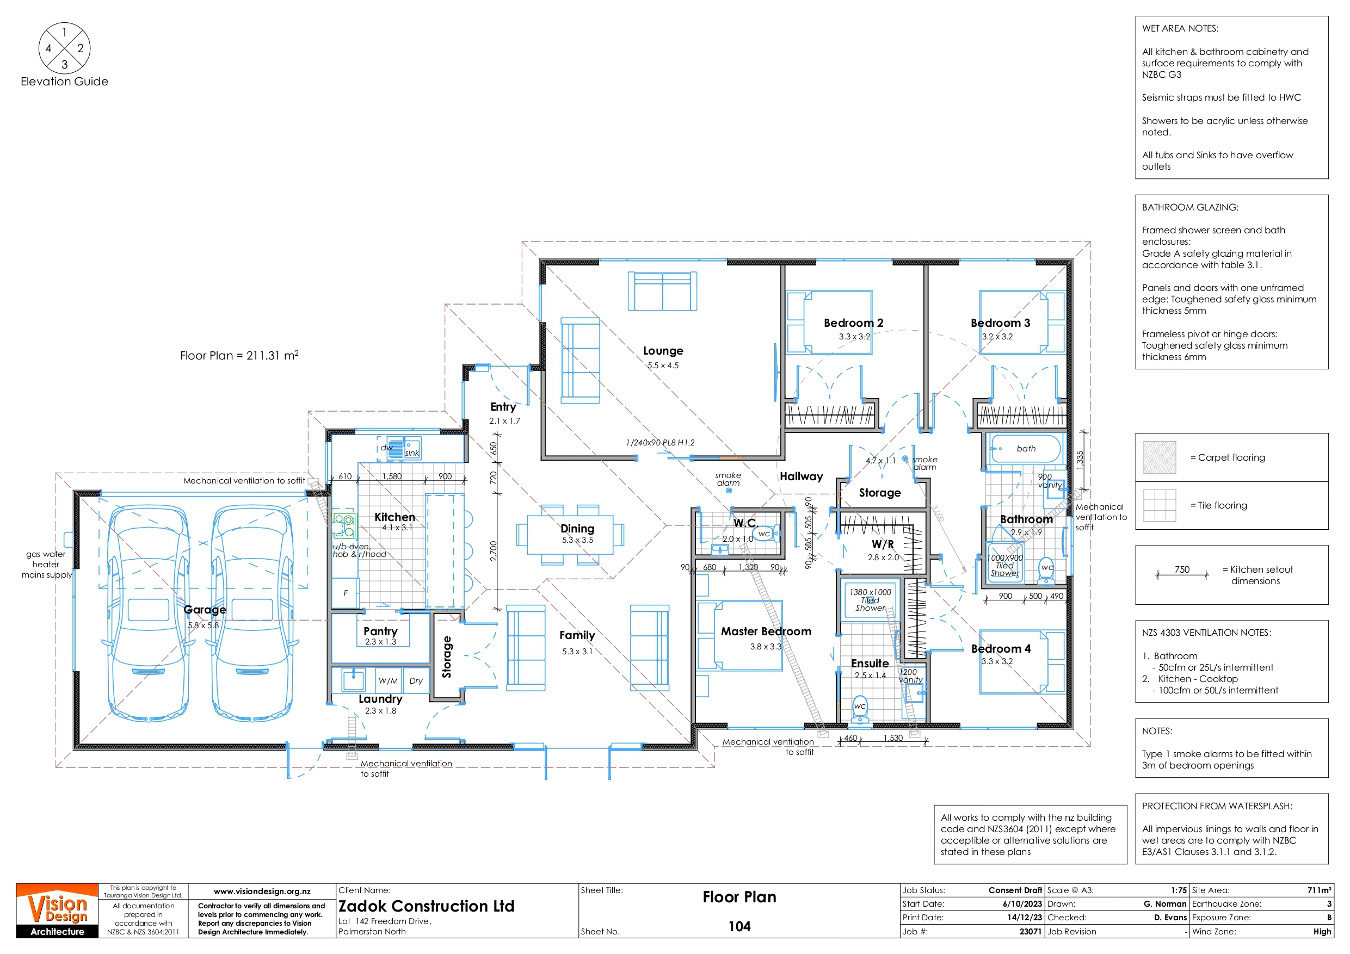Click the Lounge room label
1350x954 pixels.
[x=663, y=351]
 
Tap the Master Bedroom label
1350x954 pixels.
[x=766, y=631]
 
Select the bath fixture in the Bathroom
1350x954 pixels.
[x=1026, y=449]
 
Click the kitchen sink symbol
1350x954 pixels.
[x=403, y=449]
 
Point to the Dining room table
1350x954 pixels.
[x=570, y=534]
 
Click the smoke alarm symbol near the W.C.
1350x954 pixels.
[x=729, y=491]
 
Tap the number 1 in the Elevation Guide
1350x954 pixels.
[x=65, y=33]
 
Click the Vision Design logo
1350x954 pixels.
[x=57, y=910]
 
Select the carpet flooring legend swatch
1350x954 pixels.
[x=1160, y=457]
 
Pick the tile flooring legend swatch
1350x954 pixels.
[x=1160, y=505]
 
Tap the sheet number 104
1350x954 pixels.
[x=739, y=926]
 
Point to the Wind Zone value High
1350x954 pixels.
[x=1322, y=931]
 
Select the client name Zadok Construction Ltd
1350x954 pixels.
[x=426, y=906]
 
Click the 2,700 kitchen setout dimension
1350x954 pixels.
[x=494, y=551]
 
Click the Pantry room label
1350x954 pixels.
[x=380, y=631]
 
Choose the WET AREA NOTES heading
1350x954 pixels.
[x=1180, y=28]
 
